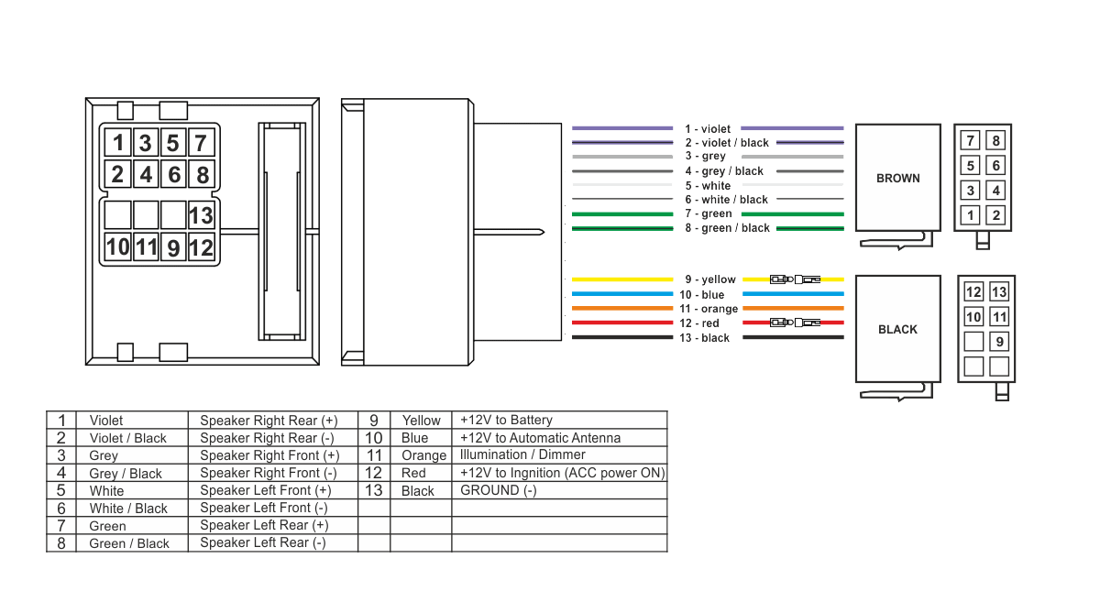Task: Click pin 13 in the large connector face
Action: (x=202, y=215)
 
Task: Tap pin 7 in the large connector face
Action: (x=201, y=143)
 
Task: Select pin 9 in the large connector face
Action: (x=173, y=247)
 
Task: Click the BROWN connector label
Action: (x=898, y=178)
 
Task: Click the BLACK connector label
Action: (x=897, y=329)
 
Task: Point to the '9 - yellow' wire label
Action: (x=710, y=279)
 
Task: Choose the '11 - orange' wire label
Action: (x=709, y=309)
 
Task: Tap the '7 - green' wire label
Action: (x=709, y=213)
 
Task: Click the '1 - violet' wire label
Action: (x=708, y=128)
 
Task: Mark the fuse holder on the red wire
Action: (x=795, y=323)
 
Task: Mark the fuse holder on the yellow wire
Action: (x=795, y=279)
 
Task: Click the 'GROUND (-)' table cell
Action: (x=499, y=490)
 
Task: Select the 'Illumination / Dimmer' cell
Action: (x=522, y=454)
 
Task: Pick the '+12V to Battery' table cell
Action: (x=506, y=420)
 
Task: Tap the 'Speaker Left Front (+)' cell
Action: (x=266, y=490)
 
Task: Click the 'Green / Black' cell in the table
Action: (x=129, y=543)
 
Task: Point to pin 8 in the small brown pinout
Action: (x=995, y=140)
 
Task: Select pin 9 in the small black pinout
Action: (x=999, y=342)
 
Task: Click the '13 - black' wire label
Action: (x=704, y=338)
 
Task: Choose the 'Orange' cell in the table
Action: (x=423, y=455)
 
